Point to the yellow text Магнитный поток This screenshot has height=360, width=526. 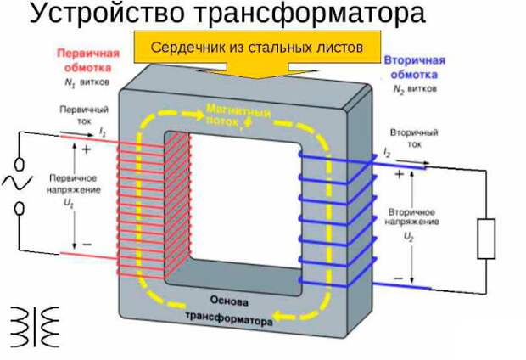(238, 117)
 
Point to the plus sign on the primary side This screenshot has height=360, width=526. (86, 148)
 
